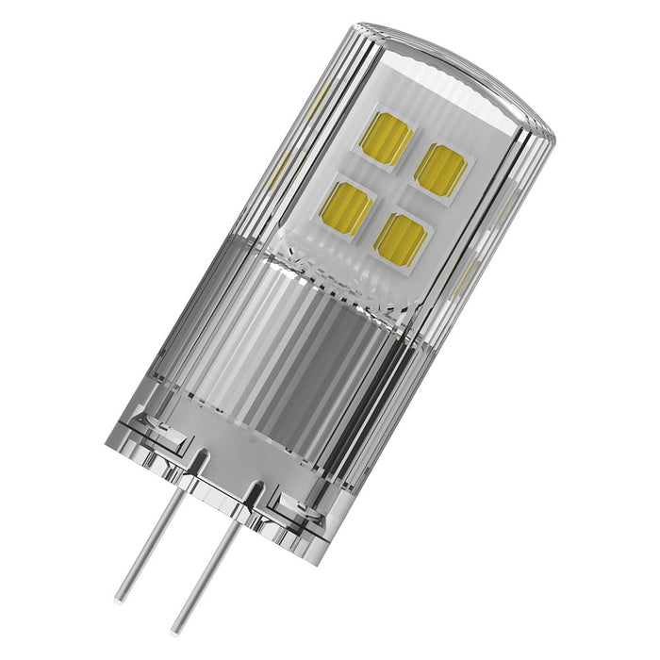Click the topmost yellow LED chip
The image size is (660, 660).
(386, 139)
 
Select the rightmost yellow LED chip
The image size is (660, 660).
(440, 170)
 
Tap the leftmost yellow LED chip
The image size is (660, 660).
(346, 207)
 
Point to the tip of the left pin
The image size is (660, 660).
(120, 597)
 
